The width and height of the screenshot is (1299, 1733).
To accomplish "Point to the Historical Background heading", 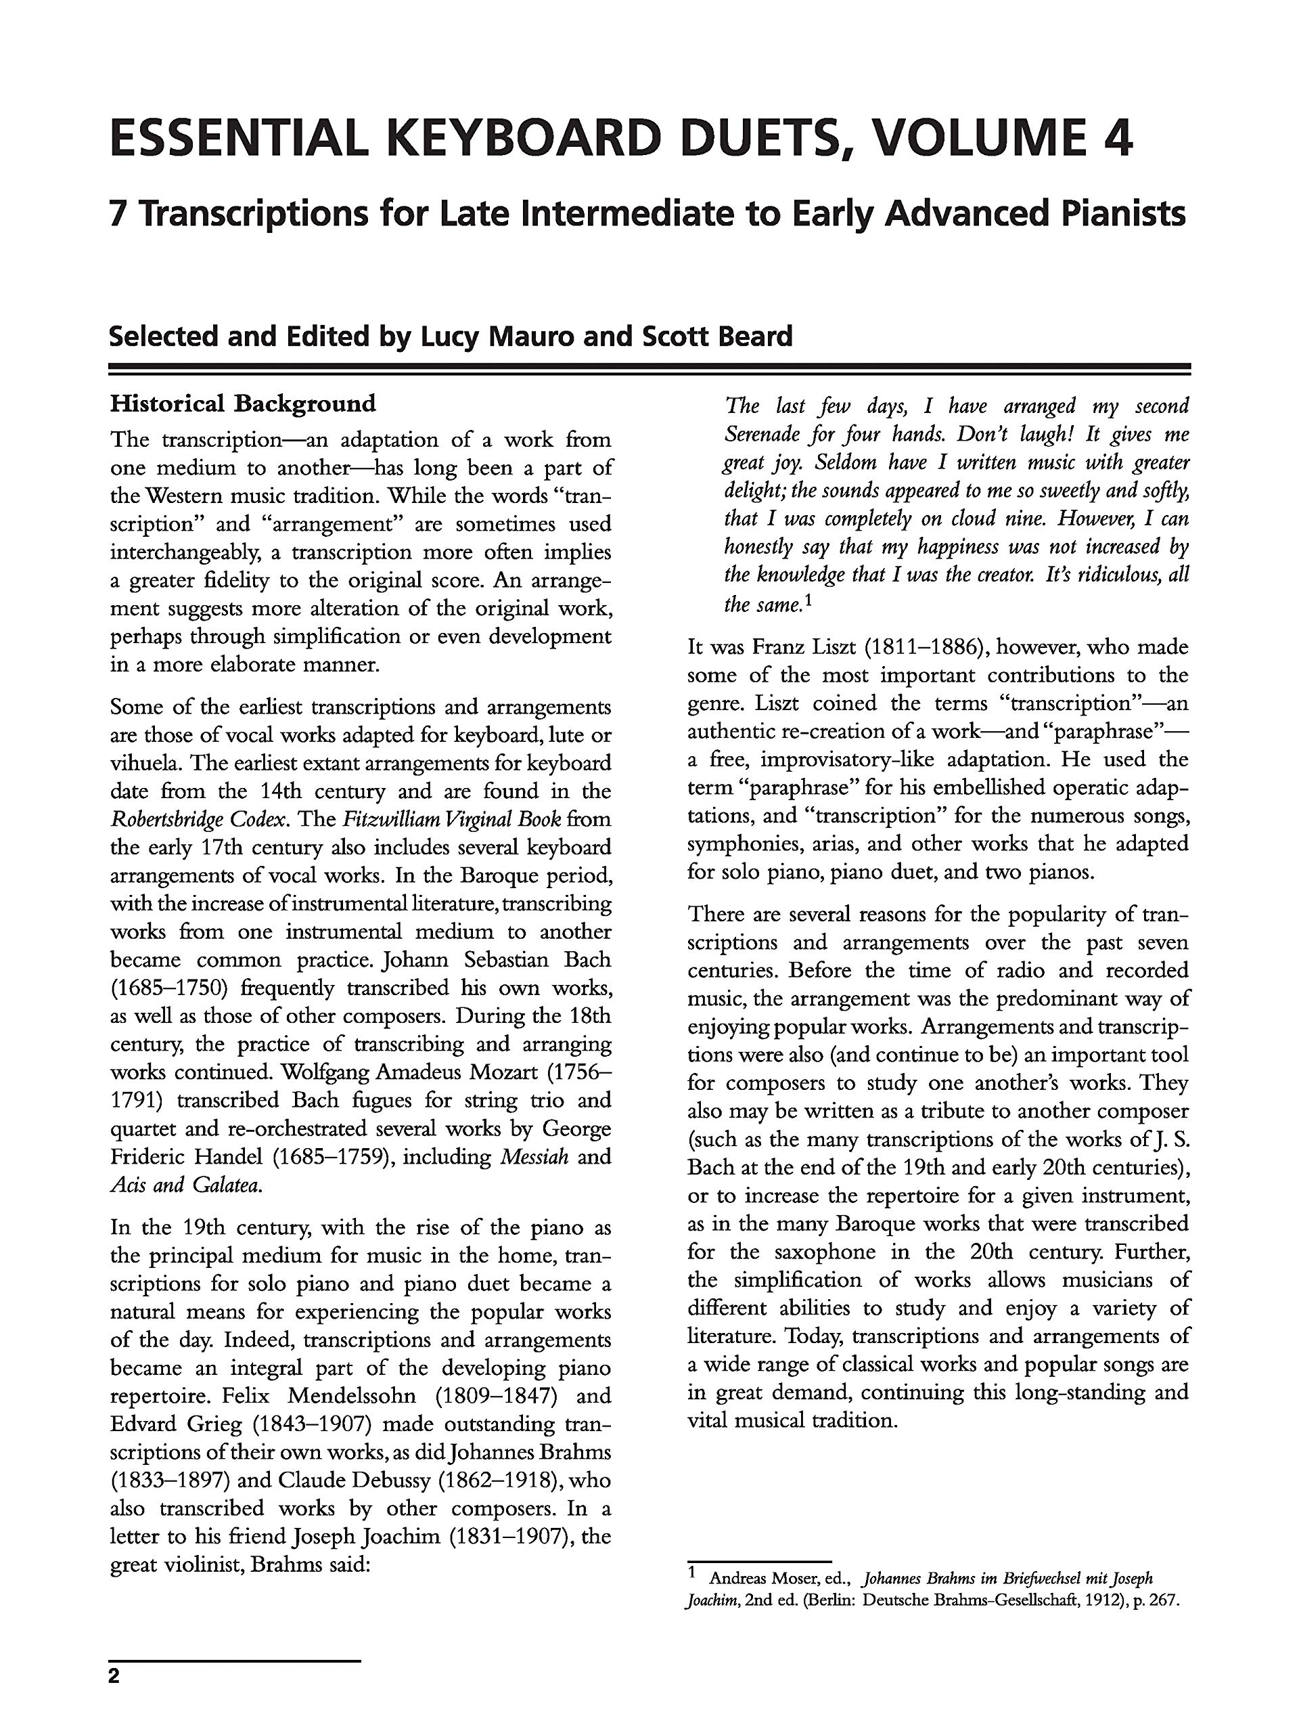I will pyautogui.click(x=243, y=403).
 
